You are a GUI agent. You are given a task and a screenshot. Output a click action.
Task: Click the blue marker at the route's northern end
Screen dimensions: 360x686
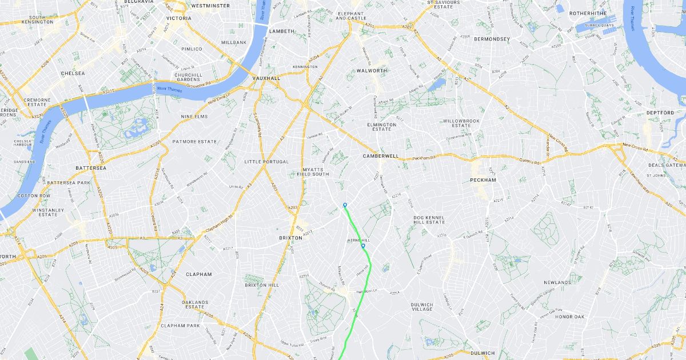coord(345,205)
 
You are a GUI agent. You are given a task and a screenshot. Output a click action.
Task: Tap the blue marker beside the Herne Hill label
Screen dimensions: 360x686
coord(363,246)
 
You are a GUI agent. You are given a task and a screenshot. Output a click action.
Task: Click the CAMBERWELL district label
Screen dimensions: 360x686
coord(380,156)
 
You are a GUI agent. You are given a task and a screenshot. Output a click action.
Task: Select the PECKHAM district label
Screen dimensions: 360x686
coord(482,180)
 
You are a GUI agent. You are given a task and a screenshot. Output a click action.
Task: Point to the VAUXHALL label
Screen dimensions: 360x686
coord(266,78)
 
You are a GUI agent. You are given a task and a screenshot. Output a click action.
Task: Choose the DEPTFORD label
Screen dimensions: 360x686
coord(660,113)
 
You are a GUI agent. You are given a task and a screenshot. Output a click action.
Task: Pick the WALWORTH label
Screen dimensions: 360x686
coord(372,71)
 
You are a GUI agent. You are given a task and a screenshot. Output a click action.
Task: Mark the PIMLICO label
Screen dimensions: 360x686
coord(192,49)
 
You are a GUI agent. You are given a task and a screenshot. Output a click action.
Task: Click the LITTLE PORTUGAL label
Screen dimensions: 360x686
coord(266,162)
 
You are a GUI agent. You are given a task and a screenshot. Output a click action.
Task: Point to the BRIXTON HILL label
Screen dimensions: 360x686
coord(262,285)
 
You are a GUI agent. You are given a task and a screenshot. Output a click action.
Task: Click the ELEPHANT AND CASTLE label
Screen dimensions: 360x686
coord(351,15)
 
